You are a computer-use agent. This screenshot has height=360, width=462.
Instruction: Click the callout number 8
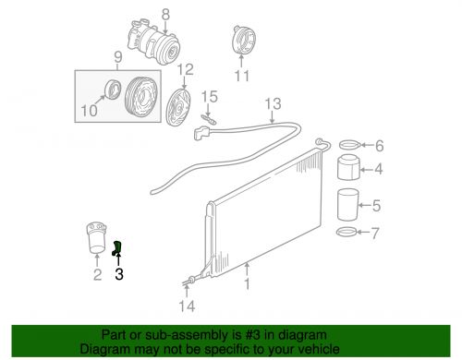(165, 13)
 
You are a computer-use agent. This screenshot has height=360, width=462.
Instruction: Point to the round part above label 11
(241, 44)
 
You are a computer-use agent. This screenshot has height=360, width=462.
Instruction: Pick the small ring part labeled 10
(112, 89)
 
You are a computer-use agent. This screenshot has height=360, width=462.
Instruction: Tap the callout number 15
(211, 97)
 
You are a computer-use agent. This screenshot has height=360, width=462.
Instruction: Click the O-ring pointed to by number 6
(348, 145)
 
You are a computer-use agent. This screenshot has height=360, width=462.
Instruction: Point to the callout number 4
(378, 169)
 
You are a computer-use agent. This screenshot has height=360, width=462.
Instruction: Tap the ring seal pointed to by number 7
(346, 231)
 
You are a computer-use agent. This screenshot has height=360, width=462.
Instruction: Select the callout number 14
(188, 307)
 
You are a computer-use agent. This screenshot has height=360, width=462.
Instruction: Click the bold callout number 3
(118, 273)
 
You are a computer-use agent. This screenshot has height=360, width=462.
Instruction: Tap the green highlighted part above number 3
(117, 247)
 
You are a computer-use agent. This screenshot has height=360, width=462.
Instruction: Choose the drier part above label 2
(95, 239)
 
